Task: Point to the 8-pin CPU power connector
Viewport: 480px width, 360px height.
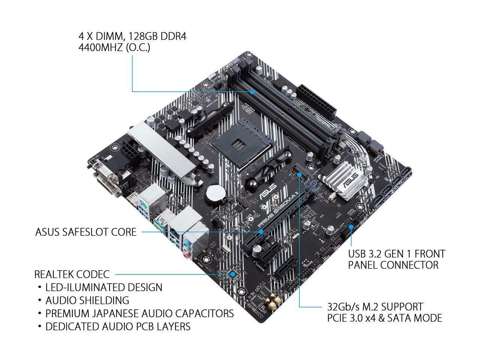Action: click(131, 153)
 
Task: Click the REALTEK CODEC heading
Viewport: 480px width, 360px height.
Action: click(72, 274)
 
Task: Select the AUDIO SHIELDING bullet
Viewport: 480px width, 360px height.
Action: click(87, 300)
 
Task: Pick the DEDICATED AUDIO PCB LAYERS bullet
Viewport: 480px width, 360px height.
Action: click(118, 326)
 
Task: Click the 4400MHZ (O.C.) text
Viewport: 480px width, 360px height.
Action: click(114, 48)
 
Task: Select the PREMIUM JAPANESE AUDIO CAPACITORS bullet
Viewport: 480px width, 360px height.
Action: click(139, 313)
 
